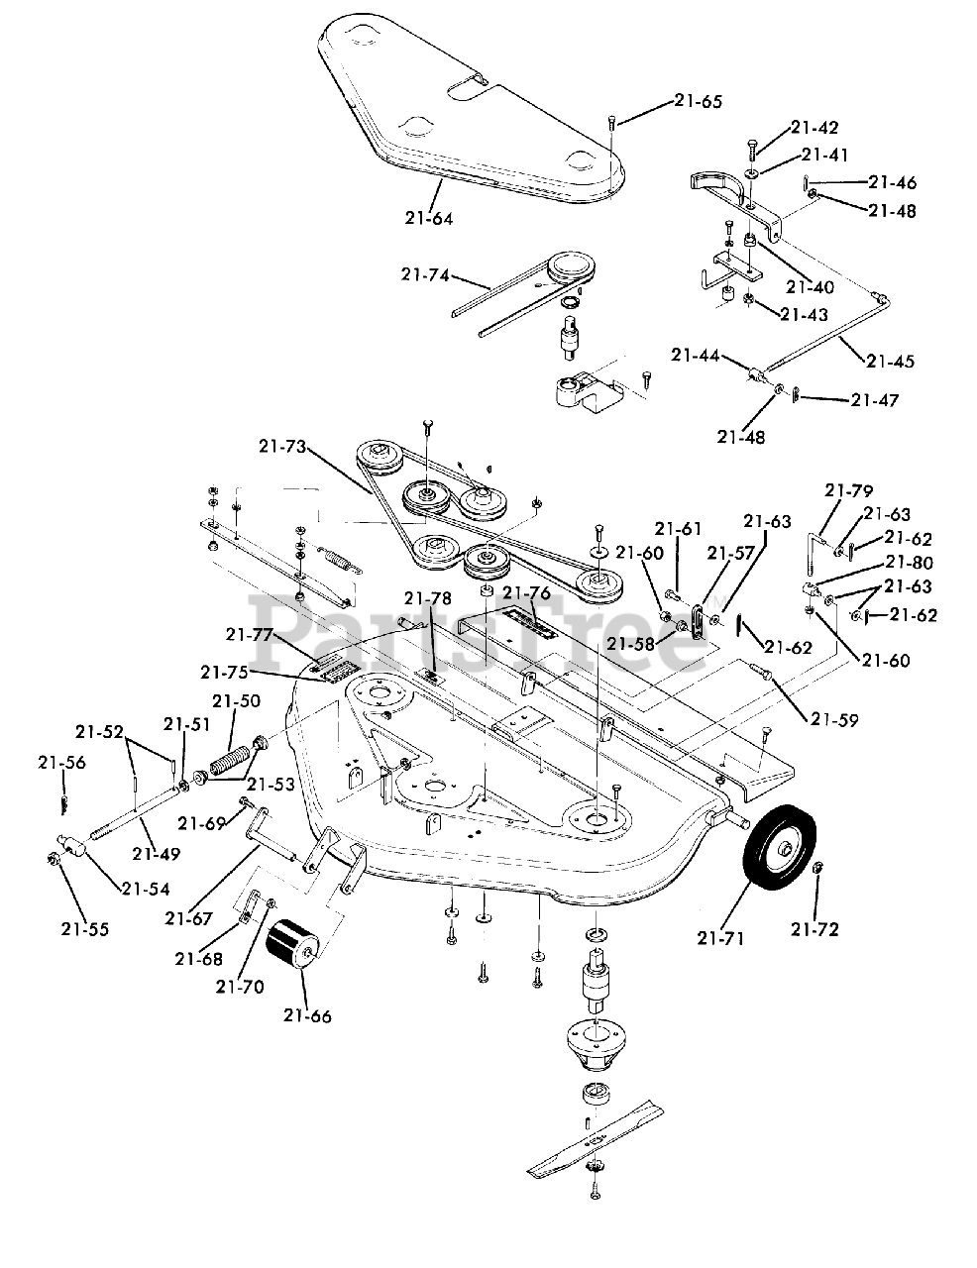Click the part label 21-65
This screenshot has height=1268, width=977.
click(x=698, y=101)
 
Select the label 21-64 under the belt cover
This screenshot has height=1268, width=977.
click(x=429, y=218)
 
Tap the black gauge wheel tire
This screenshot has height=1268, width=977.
click(x=779, y=845)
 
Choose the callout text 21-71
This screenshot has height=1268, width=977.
click(x=720, y=938)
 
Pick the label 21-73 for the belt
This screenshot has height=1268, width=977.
click(x=283, y=447)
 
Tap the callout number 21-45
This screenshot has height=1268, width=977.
click(x=890, y=361)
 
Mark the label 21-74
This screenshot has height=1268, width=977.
click(x=425, y=274)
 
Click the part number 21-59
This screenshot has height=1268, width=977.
click(x=834, y=720)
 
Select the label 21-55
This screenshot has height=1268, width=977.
click(x=85, y=929)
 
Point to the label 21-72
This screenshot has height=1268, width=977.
click(x=814, y=929)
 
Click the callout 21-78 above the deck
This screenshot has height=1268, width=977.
click(x=428, y=598)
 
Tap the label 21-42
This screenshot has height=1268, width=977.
click(x=814, y=127)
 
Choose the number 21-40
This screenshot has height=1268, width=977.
click(x=811, y=286)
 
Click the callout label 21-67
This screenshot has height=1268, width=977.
click(x=188, y=918)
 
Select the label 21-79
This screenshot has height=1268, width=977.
click(x=848, y=490)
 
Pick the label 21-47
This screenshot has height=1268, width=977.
click(x=875, y=399)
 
